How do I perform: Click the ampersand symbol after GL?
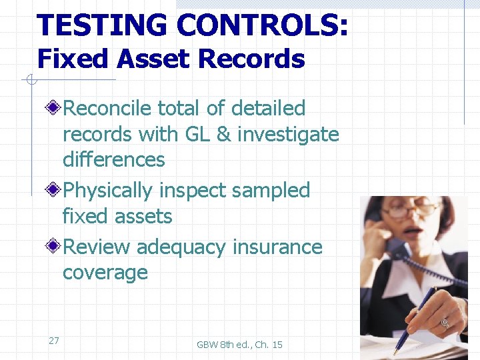[225, 134]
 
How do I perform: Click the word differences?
[113, 160]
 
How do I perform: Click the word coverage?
[105, 273]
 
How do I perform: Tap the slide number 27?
[54, 341]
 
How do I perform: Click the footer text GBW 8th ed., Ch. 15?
[239, 345]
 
